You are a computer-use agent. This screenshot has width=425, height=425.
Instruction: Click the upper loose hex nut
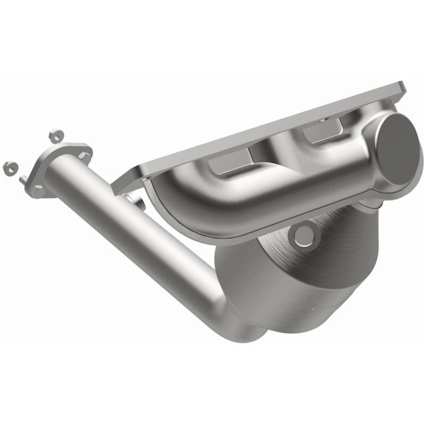click(54, 135)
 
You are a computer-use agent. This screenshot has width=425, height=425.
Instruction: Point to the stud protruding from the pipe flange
click(24, 180)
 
